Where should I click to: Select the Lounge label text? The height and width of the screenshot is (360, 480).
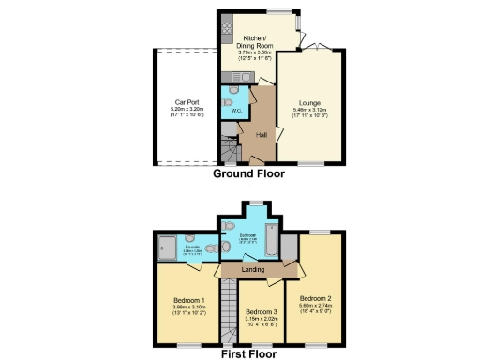point(311,101)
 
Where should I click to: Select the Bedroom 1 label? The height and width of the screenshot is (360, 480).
point(189,300)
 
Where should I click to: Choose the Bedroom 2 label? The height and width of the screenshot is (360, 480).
point(317,298)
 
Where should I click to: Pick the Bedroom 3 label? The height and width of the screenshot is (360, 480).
point(261,310)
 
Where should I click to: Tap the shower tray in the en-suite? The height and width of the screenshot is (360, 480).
point(165,248)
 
